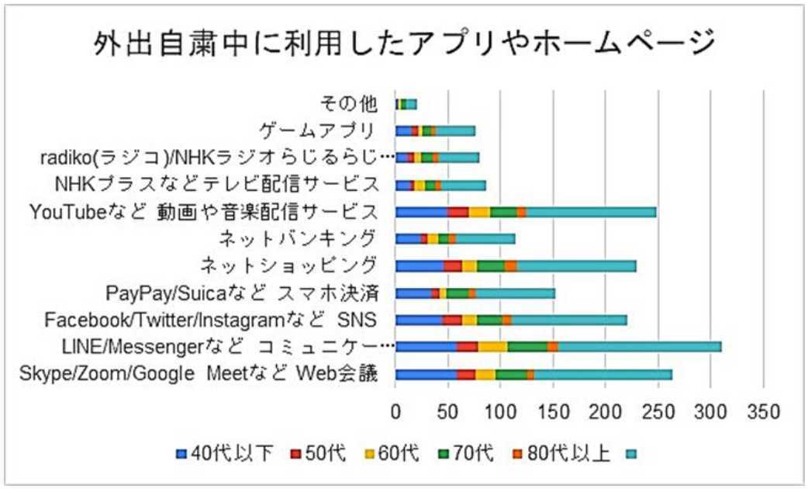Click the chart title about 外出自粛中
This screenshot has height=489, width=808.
[403, 44]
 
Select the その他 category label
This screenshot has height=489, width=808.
[349, 104]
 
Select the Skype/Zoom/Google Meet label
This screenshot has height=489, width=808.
[198, 374]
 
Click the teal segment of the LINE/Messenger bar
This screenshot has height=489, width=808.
[640, 346]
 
